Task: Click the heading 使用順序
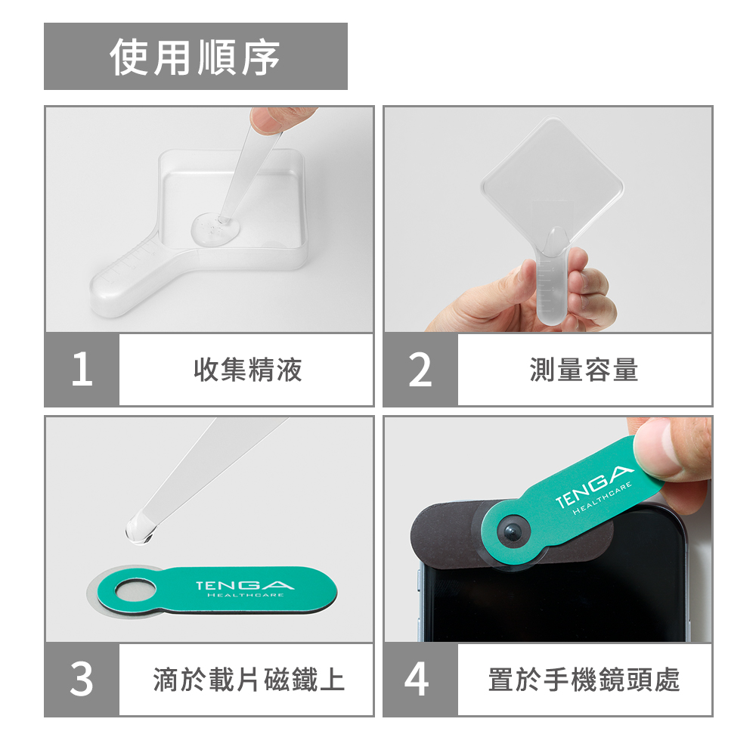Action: point(195,57)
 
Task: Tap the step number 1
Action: point(82,370)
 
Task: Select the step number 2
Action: point(420,370)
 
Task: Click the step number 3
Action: point(82,679)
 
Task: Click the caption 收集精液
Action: point(248,370)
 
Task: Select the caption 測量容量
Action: point(584,370)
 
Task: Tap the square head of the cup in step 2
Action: point(552,178)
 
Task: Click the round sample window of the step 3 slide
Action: point(136,589)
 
